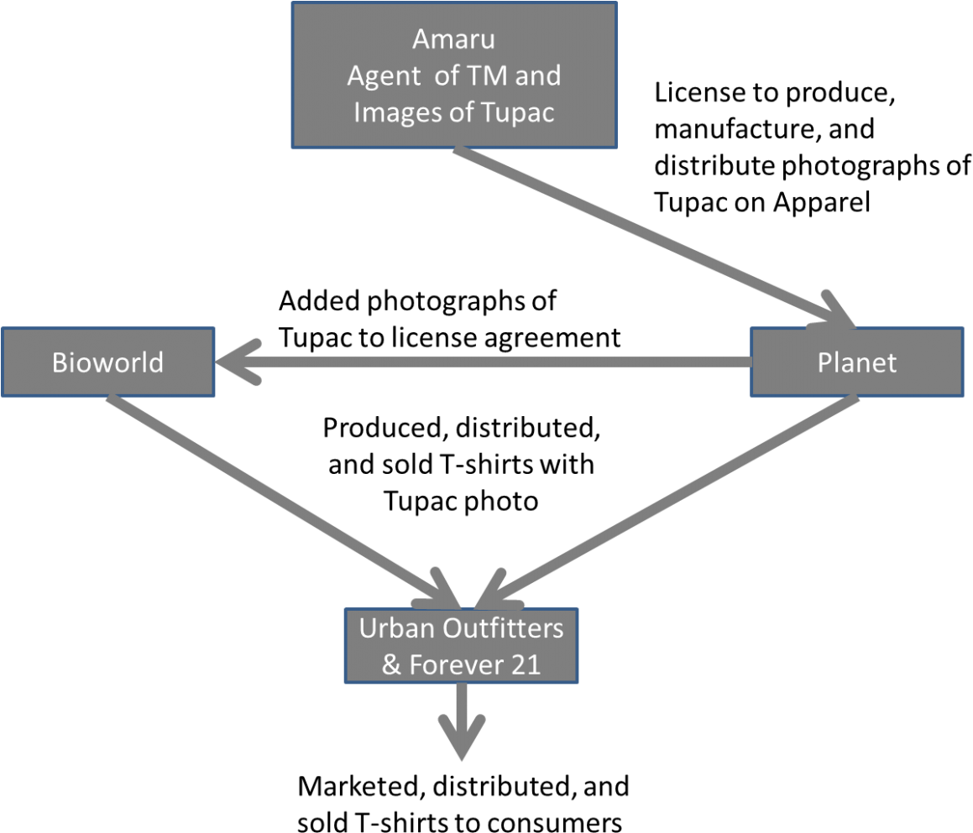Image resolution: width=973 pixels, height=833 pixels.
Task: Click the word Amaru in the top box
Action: [x=453, y=39]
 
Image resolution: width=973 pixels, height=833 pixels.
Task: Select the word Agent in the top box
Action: [x=384, y=75]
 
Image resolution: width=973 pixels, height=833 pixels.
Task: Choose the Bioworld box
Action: [x=107, y=362]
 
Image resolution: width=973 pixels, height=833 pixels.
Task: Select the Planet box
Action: [x=856, y=362]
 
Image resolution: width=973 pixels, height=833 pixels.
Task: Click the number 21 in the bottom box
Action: [x=525, y=664]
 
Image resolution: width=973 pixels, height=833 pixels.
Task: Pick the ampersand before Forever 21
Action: [x=391, y=664]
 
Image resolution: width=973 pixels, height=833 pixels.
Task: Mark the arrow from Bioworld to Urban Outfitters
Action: [x=277, y=499]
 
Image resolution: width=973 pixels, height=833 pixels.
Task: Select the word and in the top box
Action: [x=537, y=75]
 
